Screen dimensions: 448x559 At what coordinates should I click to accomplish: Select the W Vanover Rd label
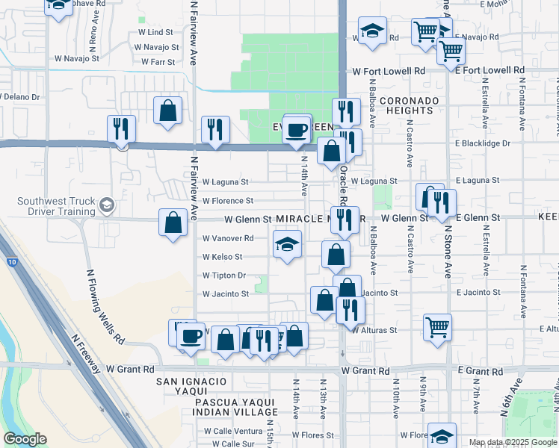[x=228, y=238]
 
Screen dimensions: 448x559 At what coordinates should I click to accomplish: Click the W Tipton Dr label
[x=224, y=276]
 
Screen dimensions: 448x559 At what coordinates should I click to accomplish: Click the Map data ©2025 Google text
[x=513, y=442]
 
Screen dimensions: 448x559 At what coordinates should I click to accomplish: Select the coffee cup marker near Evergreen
[x=297, y=130]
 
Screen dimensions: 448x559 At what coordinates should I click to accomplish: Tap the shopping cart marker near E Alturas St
[x=437, y=326]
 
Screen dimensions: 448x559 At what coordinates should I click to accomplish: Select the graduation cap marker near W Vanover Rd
[x=288, y=244]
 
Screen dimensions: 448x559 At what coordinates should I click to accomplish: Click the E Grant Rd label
[x=478, y=371]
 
